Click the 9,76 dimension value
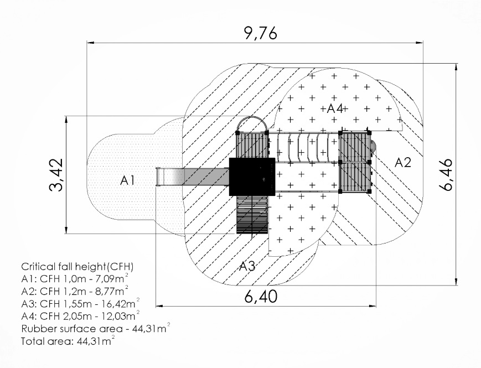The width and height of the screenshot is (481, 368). [x=261, y=33]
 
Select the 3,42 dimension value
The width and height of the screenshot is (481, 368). [x=56, y=175]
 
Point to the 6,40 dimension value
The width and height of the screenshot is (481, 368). [x=261, y=297]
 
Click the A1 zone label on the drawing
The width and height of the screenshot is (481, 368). [x=127, y=180]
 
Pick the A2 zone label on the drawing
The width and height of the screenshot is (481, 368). [x=402, y=163]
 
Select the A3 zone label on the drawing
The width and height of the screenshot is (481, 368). [x=247, y=266]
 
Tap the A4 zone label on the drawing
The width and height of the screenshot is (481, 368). [x=335, y=108]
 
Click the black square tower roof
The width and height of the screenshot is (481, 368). [x=252, y=177]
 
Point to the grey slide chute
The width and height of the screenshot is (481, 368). [x=193, y=177]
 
